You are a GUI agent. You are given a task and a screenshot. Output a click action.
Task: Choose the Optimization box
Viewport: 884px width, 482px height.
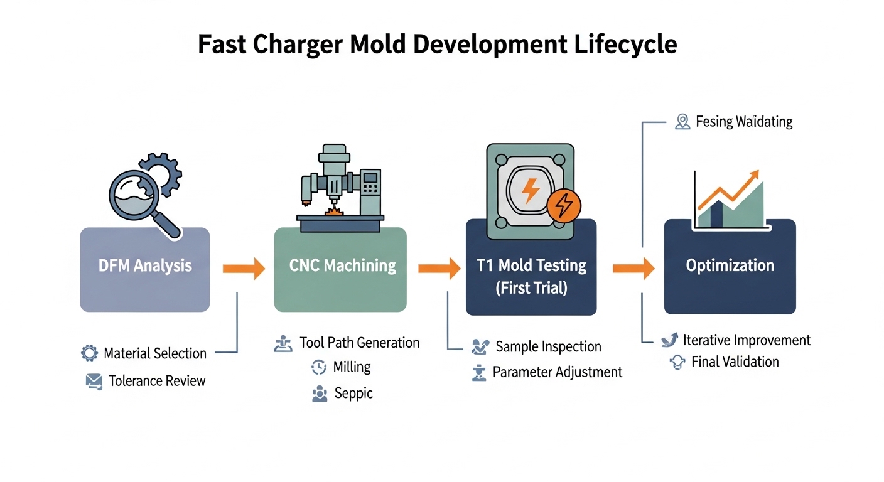click(x=730, y=266)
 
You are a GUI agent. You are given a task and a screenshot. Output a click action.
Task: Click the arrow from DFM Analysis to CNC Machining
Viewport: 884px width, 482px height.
click(x=244, y=269)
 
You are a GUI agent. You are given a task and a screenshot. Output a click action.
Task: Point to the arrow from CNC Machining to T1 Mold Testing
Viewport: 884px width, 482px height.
click(x=439, y=269)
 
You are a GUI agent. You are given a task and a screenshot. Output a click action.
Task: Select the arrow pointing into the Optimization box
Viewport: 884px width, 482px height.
click(x=633, y=269)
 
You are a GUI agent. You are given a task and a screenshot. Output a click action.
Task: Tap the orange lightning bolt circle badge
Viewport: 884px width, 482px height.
click(x=564, y=204)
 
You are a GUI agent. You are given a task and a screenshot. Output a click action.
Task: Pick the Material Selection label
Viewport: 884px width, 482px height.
click(x=155, y=353)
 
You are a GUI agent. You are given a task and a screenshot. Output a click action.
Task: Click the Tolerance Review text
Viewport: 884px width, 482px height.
click(x=157, y=380)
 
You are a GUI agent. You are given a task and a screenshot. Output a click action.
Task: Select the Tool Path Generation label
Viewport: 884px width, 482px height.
click(x=359, y=343)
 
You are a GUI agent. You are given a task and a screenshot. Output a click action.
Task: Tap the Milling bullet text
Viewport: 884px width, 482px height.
click(x=352, y=367)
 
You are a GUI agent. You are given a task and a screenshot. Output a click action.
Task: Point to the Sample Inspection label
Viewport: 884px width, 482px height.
click(x=548, y=346)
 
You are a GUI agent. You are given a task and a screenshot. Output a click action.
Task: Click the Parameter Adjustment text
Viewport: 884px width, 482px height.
click(x=558, y=372)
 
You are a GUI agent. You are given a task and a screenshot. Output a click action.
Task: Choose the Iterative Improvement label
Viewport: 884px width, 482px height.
click(x=747, y=340)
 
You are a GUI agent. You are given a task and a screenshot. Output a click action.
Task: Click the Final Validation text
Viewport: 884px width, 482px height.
click(x=735, y=362)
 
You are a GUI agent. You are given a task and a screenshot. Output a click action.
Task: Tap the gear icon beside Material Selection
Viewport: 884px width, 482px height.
click(x=90, y=353)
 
